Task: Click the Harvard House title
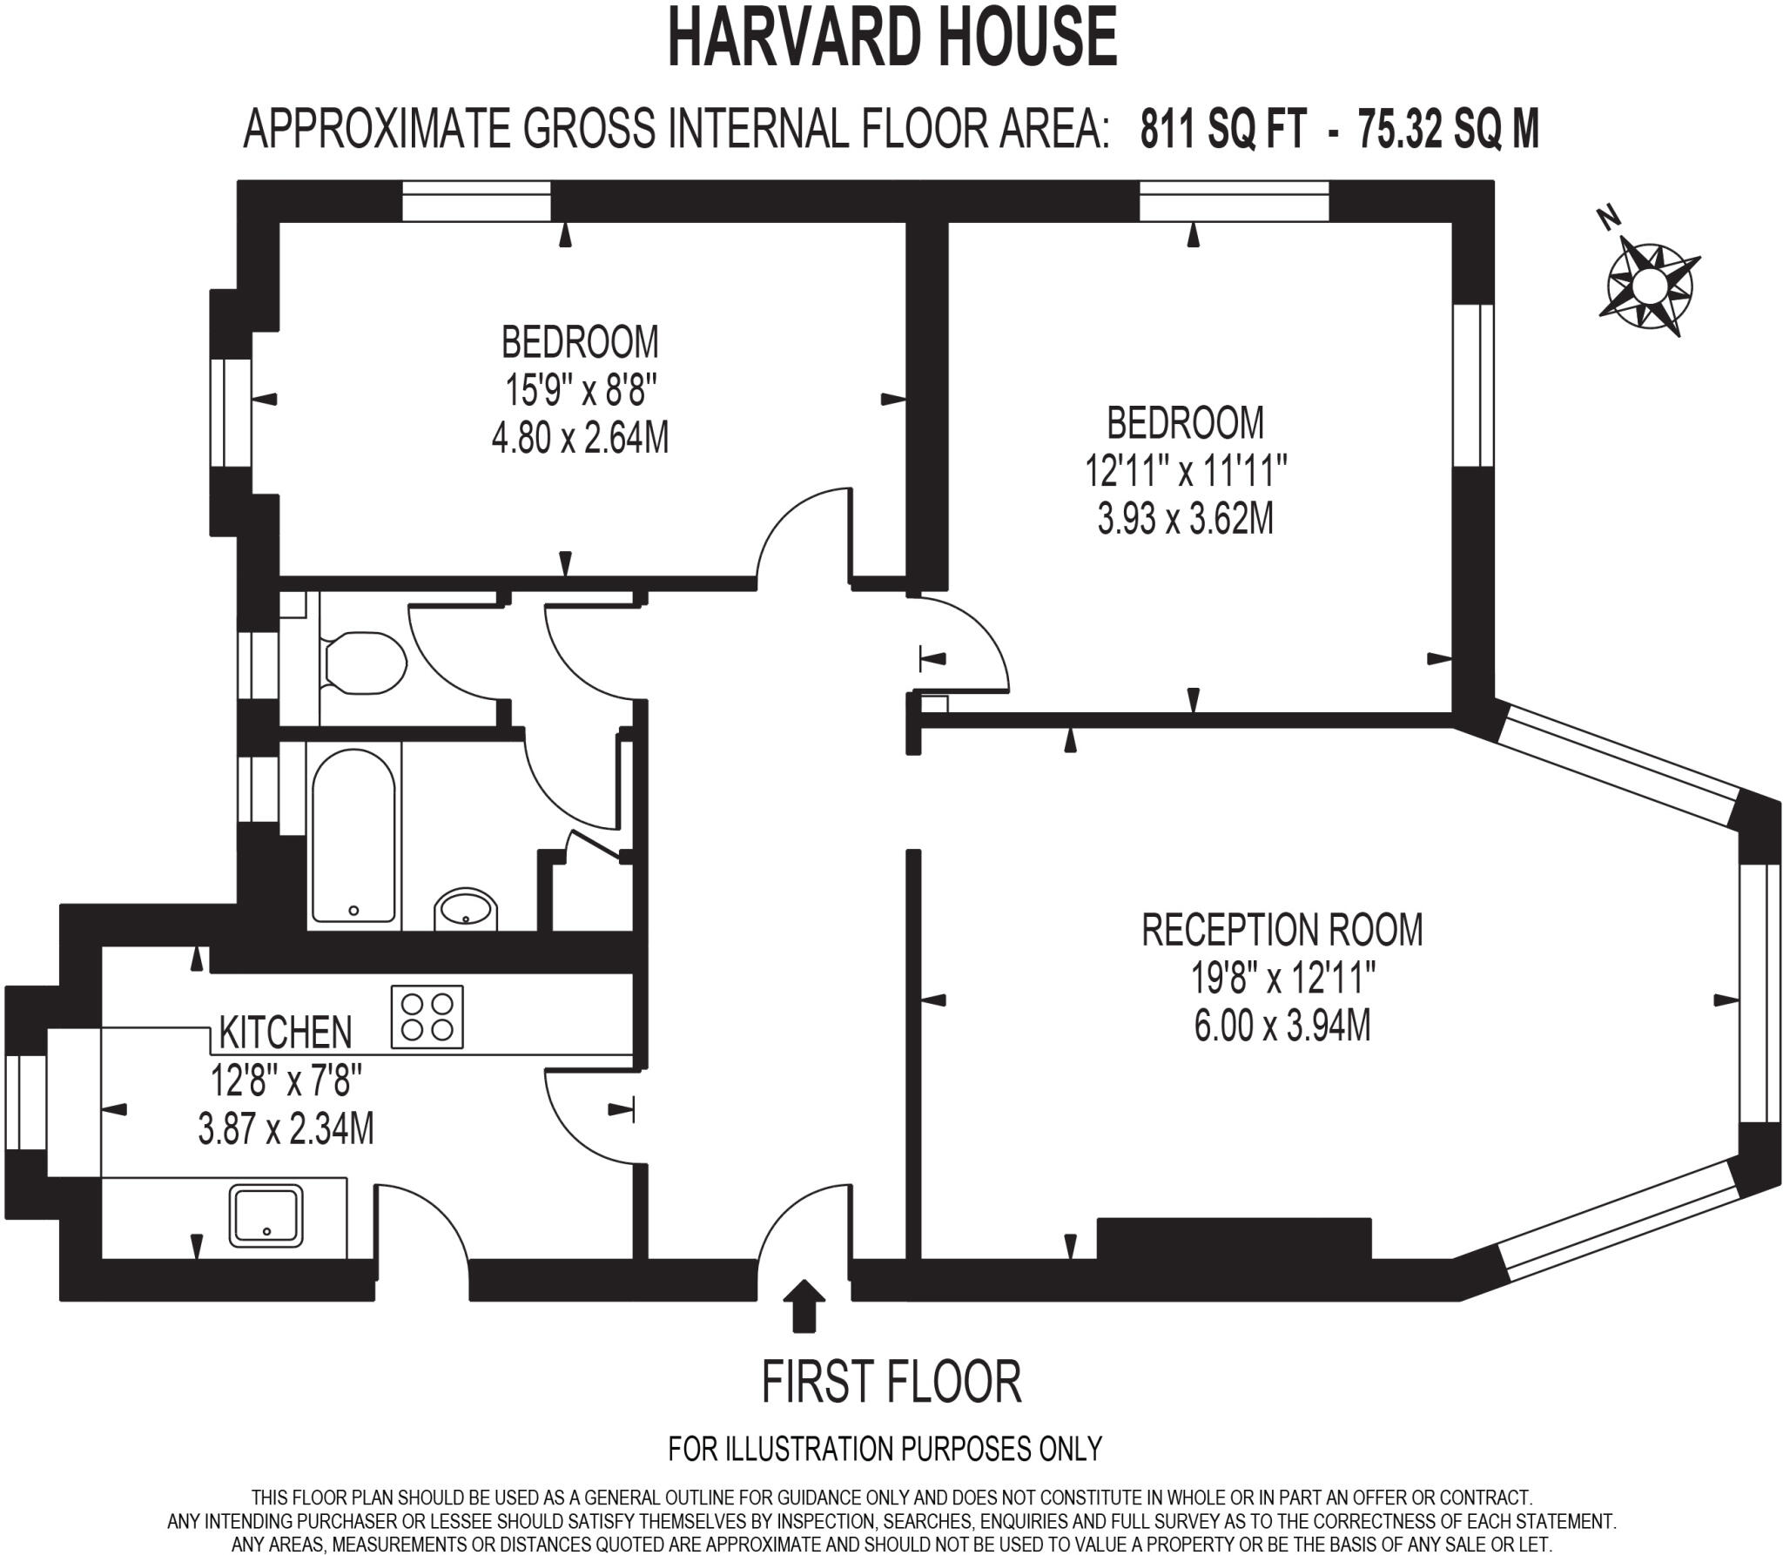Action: point(891,39)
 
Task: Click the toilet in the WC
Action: point(364,663)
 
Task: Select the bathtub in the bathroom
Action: point(353,835)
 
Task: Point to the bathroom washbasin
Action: point(466,908)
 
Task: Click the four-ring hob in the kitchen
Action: point(427,1016)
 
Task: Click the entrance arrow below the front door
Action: point(804,1305)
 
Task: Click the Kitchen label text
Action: point(285,1033)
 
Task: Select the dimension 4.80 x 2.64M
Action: point(580,437)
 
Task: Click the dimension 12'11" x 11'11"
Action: point(1185,472)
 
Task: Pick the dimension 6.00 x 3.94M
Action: point(1282,1026)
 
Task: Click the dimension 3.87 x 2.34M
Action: point(286,1129)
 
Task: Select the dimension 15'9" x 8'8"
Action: point(580,389)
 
